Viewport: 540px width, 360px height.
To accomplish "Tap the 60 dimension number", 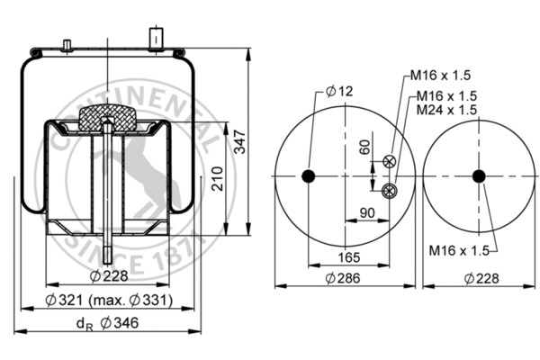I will point(365,148).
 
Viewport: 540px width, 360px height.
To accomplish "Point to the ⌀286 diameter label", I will point(344,278).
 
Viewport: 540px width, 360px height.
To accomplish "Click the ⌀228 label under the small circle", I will point(479,278).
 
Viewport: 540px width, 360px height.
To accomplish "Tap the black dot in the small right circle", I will point(479,175).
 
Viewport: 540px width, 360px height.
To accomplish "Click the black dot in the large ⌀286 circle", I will point(309,175).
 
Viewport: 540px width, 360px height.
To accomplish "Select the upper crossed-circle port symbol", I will point(389,162).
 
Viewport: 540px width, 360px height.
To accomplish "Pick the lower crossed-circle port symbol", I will point(389,190).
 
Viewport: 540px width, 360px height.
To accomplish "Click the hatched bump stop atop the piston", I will point(107,119).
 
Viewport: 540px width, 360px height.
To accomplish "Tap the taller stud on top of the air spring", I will point(155,40).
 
